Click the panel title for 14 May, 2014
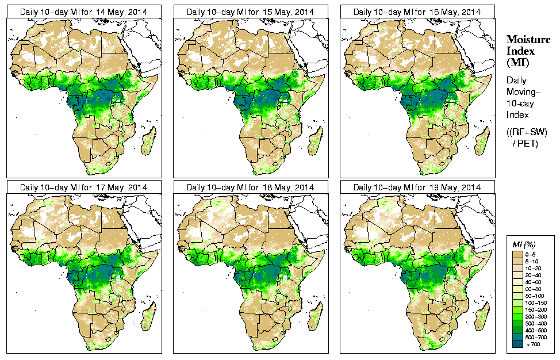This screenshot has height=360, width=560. pos(84,12)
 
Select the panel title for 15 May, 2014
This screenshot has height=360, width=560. pos(251,12)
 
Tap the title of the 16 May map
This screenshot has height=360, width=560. pos(417,12)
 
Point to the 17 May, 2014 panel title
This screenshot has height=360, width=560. pos(84,187)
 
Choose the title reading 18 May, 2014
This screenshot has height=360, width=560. pos(251,187)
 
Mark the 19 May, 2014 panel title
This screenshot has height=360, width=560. pos(417,187)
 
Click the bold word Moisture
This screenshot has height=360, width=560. pos(528,39)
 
